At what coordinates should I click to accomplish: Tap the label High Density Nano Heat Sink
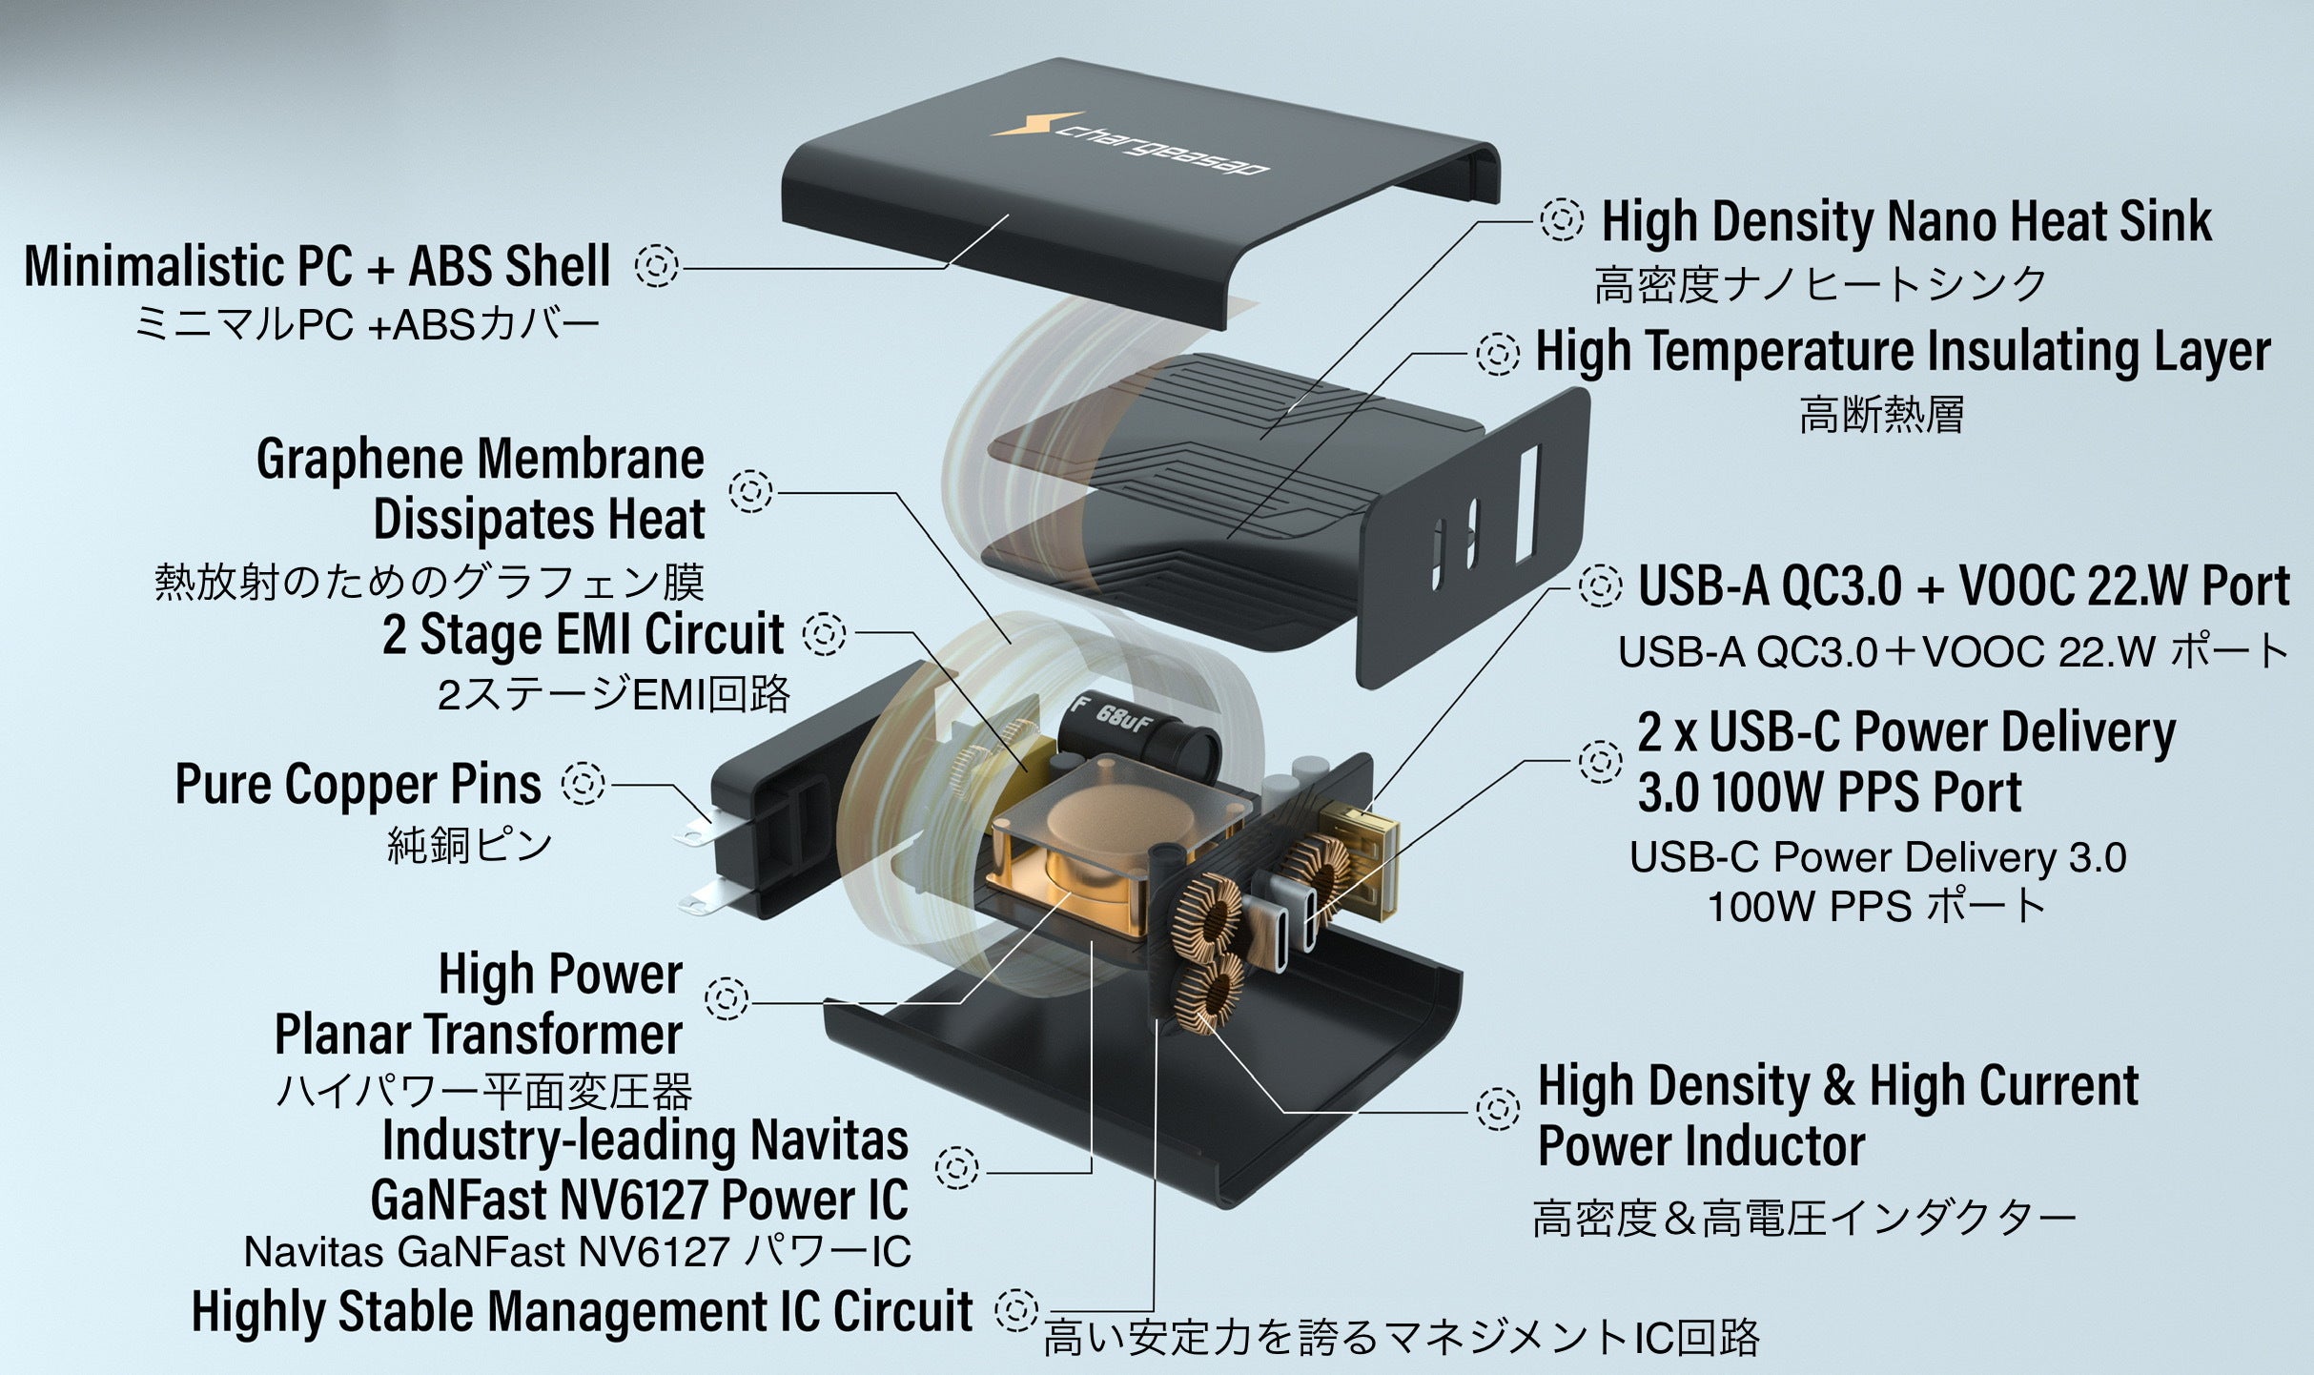click(x=1905, y=221)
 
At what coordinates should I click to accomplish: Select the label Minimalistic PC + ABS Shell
click(x=317, y=266)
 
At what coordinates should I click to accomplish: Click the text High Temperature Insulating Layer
click(x=1902, y=351)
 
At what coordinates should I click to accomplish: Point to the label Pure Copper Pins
click(x=358, y=785)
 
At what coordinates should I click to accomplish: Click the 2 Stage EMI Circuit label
click(x=583, y=634)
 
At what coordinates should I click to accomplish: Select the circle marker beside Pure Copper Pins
click(x=583, y=784)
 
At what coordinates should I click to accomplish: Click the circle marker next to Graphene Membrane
click(x=750, y=491)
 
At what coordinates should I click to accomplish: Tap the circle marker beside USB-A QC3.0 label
click(x=1600, y=585)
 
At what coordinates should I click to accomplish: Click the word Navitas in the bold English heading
click(x=828, y=1139)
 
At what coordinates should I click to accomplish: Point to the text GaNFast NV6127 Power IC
click(x=639, y=1200)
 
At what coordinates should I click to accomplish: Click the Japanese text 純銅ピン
click(x=469, y=845)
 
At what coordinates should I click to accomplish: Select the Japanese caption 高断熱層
click(x=1880, y=416)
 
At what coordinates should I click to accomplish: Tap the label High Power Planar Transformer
click(x=479, y=1004)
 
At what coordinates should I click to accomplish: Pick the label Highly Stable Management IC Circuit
click(x=582, y=1311)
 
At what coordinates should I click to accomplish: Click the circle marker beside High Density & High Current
click(x=1497, y=1109)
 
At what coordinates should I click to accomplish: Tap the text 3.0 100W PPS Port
click(x=1829, y=791)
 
